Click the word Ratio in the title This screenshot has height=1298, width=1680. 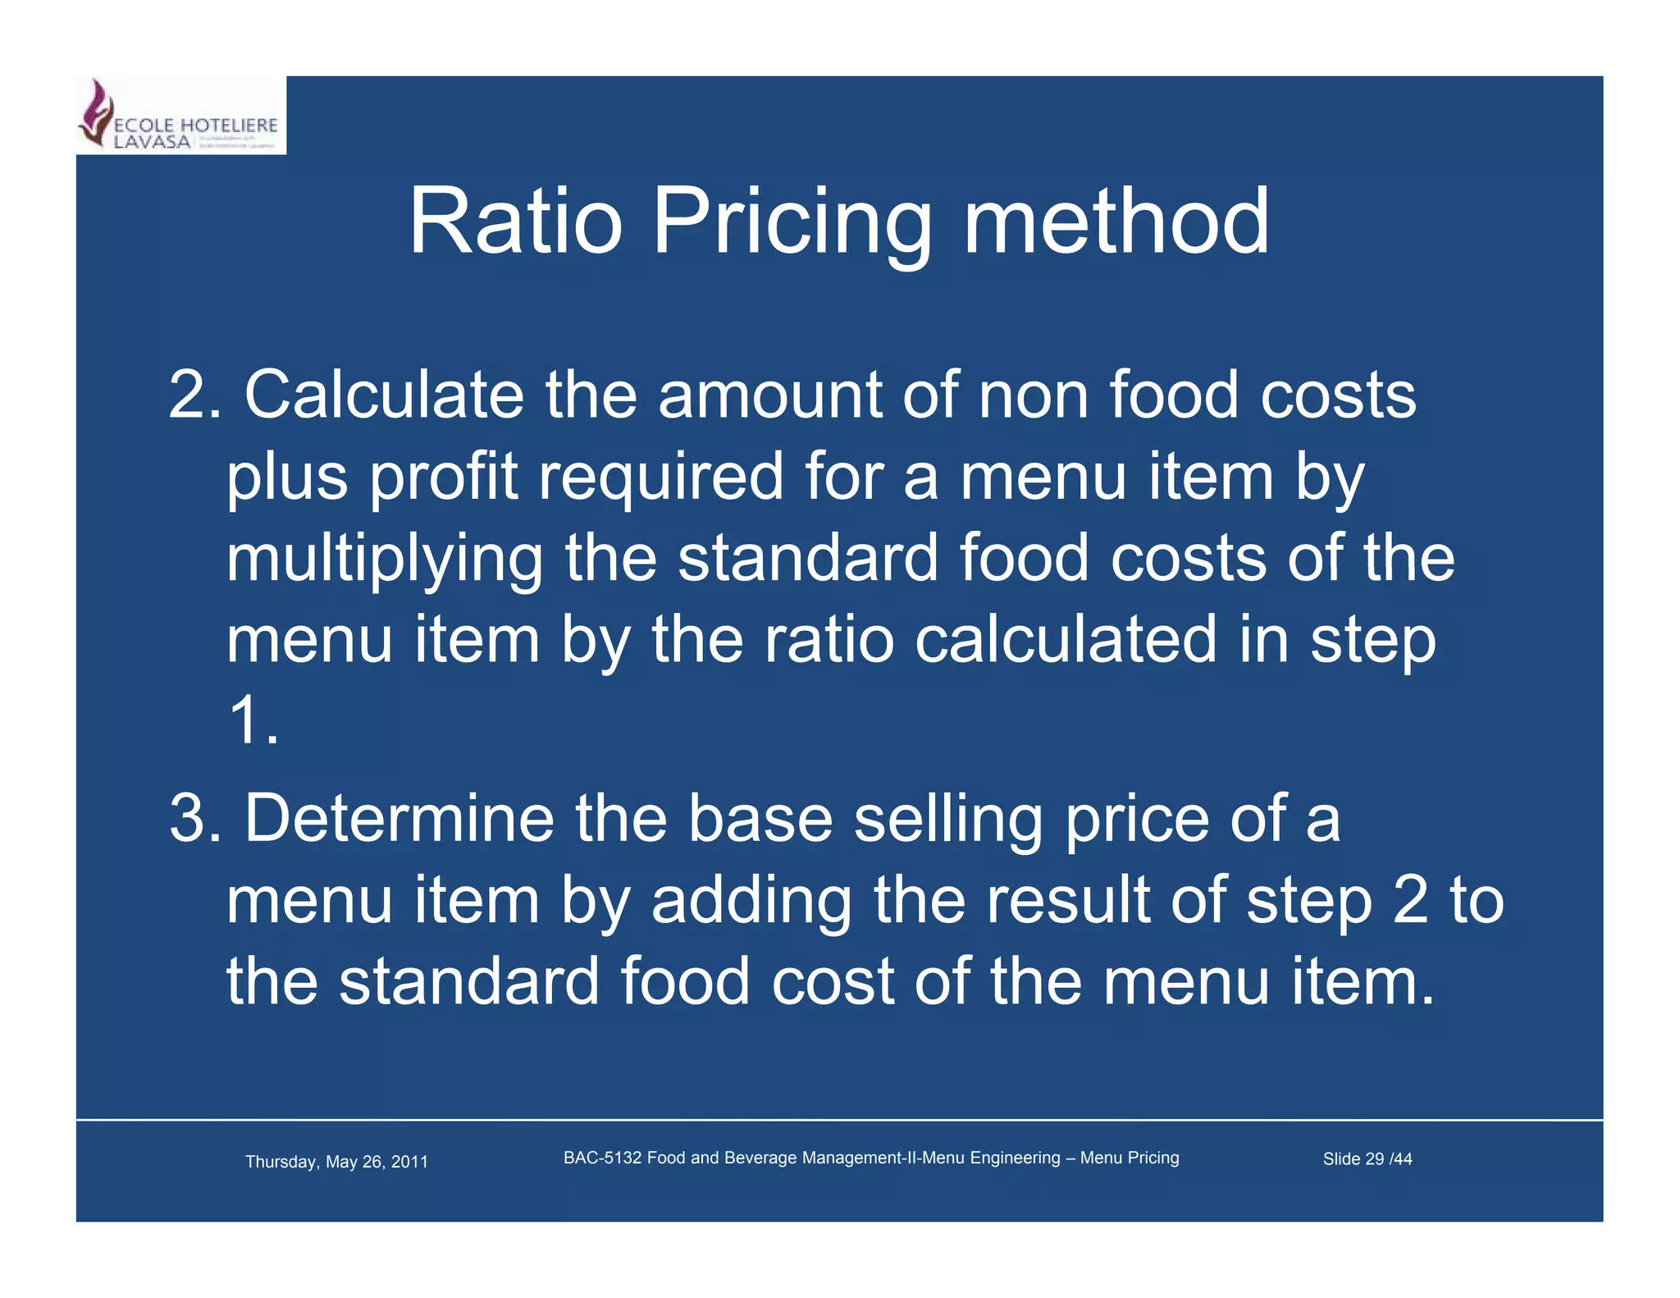(515, 222)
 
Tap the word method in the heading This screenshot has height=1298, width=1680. (1116, 222)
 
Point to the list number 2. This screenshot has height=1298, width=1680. (194, 395)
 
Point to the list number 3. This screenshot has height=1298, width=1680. (194, 818)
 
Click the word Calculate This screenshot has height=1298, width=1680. (384, 395)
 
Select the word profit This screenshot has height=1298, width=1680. (444, 478)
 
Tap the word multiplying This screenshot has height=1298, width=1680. (384, 560)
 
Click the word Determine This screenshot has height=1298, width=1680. (399, 818)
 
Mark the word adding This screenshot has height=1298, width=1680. (751, 900)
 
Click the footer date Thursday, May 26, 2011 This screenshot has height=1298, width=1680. (336, 1162)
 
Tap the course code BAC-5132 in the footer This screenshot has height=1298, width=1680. (602, 1158)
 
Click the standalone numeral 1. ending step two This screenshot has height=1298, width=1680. (253, 722)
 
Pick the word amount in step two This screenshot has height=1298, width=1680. (769, 395)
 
